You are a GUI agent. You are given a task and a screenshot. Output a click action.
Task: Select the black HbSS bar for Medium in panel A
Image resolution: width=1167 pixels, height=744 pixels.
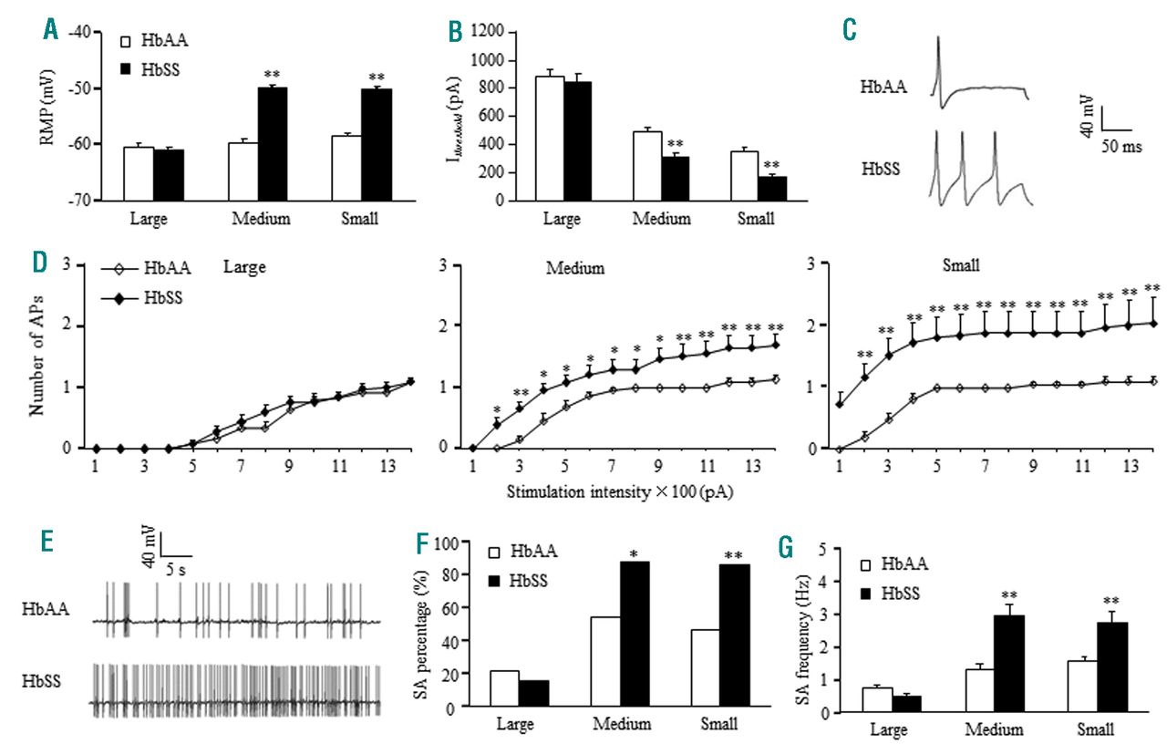coord(273,143)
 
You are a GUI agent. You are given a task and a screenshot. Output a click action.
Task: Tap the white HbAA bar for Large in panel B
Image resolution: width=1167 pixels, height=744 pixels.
coord(550,138)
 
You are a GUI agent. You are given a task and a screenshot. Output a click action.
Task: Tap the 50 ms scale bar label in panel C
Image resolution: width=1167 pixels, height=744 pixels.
coord(1121,147)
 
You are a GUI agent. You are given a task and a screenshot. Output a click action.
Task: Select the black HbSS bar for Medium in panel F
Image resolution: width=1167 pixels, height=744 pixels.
coord(635,636)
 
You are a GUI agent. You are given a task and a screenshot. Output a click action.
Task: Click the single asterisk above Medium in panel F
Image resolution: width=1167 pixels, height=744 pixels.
coord(635,552)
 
